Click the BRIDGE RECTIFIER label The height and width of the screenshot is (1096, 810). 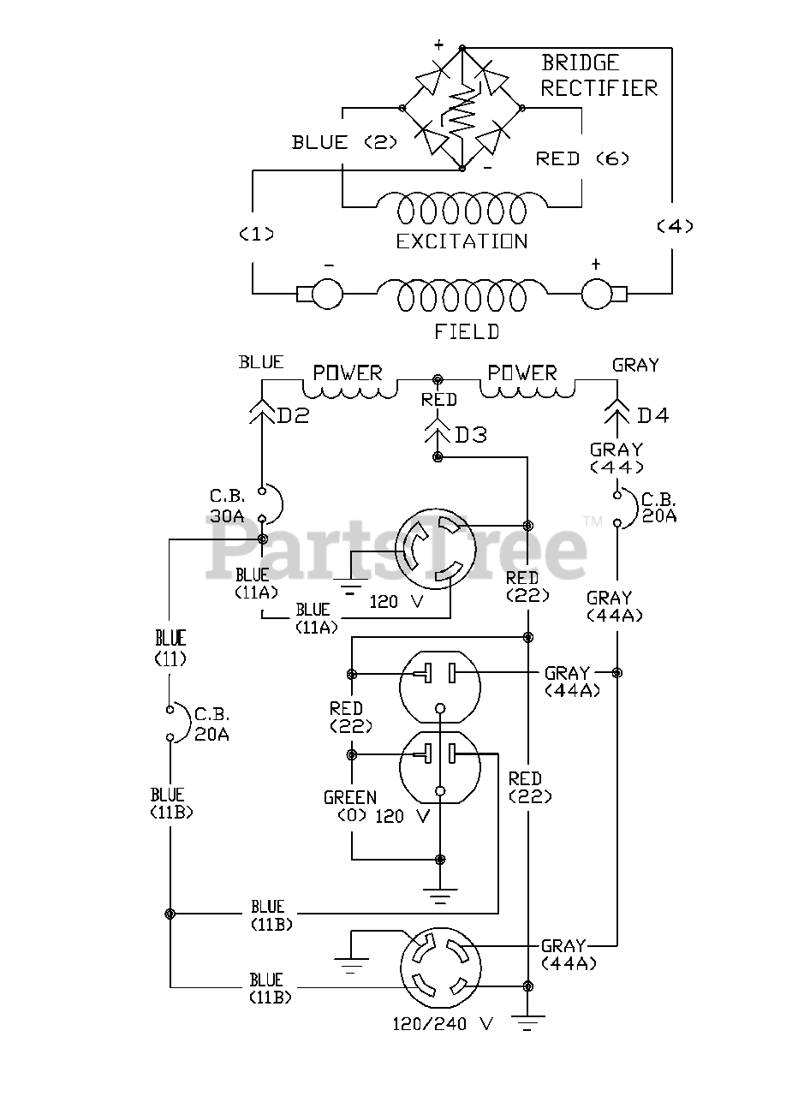(x=599, y=75)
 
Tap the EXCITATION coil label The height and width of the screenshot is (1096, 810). (x=462, y=242)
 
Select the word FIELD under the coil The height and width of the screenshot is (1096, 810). (x=467, y=331)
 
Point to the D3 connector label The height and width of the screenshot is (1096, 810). (x=470, y=435)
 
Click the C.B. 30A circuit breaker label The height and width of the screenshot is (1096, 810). (x=228, y=506)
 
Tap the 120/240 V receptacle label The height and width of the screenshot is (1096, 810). (x=444, y=1023)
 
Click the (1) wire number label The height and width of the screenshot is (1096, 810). (x=255, y=234)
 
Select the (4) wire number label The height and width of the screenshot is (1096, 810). (x=674, y=226)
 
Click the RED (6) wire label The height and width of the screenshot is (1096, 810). (x=569, y=158)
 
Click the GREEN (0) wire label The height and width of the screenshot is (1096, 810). (x=350, y=807)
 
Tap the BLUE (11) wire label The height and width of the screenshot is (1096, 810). (x=170, y=647)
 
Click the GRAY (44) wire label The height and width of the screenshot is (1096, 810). (x=616, y=457)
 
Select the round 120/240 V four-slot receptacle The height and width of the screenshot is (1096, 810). (x=439, y=969)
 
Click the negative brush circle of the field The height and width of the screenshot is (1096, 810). (x=326, y=295)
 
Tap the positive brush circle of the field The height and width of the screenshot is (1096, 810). (x=599, y=295)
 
